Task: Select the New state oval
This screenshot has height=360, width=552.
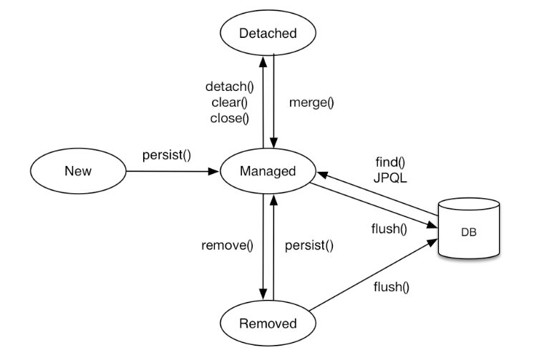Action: tap(78, 171)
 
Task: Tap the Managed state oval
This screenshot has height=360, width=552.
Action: tap(268, 171)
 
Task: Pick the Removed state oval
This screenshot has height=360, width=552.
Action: tap(268, 323)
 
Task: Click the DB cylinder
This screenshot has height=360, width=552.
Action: tap(469, 231)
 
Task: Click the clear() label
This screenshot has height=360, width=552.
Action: tap(229, 103)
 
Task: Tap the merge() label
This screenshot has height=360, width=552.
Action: tap(311, 102)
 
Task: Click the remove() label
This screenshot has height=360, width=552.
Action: tap(228, 246)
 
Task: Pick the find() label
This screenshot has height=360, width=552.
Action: tap(389, 163)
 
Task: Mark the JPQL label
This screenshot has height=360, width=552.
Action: tap(389, 179)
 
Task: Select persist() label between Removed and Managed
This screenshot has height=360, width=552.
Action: tap(309, 246)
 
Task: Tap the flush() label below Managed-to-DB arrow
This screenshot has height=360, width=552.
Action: tap(389, 229)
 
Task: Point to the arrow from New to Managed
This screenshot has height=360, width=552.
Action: tap(172, 172)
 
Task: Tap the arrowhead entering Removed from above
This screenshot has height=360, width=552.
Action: tap(263, 293)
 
